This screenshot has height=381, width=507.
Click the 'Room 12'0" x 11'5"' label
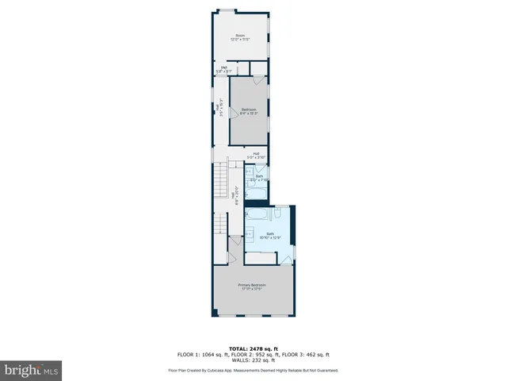coord(240,37)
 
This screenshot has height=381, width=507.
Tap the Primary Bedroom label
coord(252,287)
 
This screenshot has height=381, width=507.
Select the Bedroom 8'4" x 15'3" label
coord(250,111)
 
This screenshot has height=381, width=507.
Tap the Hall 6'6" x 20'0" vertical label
coord(233,197)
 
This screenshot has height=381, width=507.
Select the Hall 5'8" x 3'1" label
coord(224,70)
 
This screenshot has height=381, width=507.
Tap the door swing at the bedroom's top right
coord(259,79)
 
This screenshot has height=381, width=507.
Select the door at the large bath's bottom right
coord(286,258)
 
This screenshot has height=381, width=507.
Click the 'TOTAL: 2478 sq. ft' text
coord(253,348)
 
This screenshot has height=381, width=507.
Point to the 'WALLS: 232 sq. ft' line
coord(253,361)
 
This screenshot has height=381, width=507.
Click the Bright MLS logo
coord(31,370)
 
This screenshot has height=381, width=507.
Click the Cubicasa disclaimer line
coord(253,370)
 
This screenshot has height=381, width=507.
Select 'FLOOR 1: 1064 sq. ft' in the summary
coord(201,355)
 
